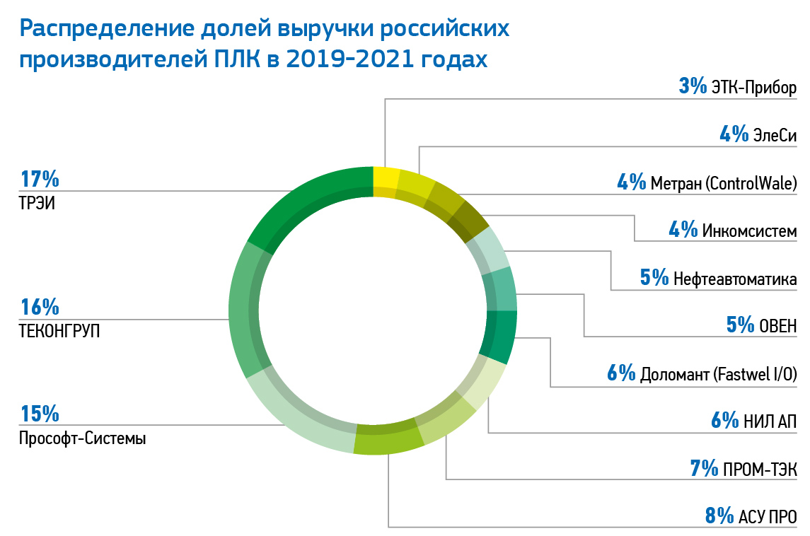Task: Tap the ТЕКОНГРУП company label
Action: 59,330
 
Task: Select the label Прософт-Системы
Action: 83,438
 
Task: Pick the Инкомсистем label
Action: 749,231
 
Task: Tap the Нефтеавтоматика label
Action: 736,278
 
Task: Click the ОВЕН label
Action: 778,325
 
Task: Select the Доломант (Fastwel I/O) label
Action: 719,373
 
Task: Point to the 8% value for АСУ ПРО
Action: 719,515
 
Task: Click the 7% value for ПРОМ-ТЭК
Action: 703,468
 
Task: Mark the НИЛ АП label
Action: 770,421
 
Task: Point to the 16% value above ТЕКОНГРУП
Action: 40,308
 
